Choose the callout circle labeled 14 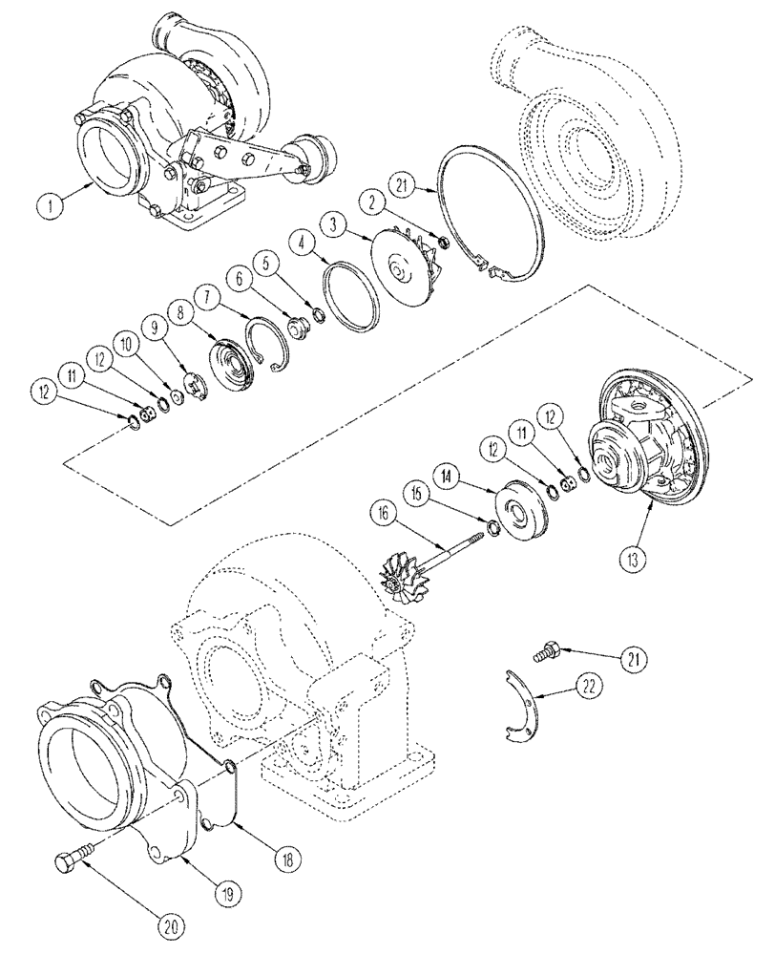point(447,474)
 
